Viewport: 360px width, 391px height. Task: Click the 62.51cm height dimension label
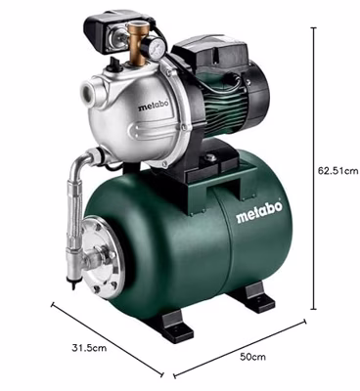coord(338,171)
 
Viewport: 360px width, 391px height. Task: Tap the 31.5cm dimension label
coord(89,348)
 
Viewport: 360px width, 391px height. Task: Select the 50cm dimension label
coord(252,357)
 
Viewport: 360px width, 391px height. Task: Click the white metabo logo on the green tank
coord(259,213)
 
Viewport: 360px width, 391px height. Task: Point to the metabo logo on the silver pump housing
coord(154,106)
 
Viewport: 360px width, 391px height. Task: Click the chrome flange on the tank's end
coord(102,257)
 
